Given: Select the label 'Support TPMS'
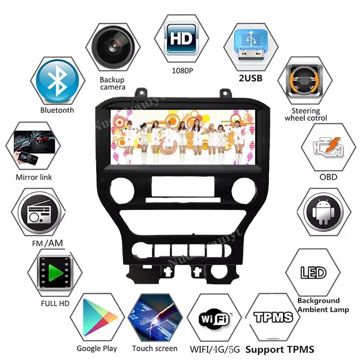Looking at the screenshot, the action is pos(280,349).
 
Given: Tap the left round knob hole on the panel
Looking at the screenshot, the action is pos(121,189).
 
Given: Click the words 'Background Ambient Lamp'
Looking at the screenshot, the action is pos(323,305).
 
